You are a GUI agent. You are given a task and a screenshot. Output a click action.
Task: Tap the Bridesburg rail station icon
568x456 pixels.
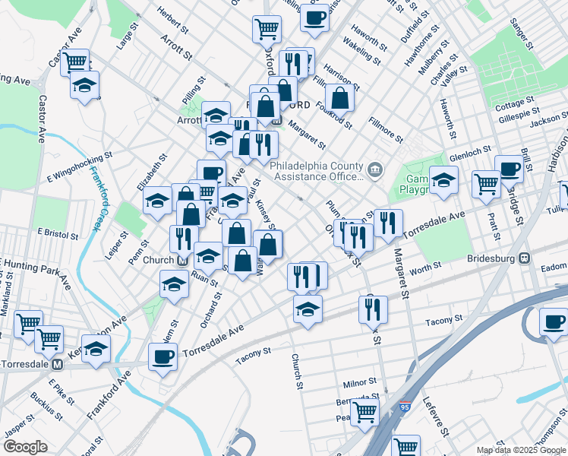click(524, 258)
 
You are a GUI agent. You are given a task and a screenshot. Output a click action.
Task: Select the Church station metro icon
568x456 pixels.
click(182, 260)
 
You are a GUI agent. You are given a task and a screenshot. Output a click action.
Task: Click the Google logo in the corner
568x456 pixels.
click(25, 446)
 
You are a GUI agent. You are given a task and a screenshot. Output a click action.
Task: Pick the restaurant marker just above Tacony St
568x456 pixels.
click(373, 309)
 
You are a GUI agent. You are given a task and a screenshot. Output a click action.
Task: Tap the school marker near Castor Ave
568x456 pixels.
click(85, 84)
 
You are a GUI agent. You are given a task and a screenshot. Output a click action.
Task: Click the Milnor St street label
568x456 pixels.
click(360, 382)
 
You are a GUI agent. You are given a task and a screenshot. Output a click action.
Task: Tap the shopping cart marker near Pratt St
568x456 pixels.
click(485, 182)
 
